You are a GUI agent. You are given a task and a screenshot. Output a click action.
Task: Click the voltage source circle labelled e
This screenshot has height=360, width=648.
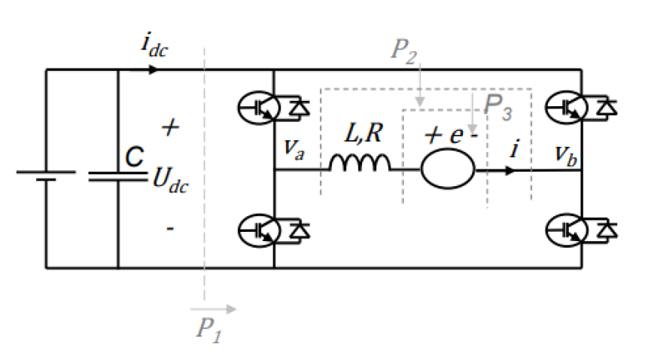click(x=448, y=169)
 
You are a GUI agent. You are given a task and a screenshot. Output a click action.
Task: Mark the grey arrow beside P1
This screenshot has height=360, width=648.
click(x=214, y=308)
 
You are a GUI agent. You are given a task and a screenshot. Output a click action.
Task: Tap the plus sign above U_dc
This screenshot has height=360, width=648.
click(x=171, y=128)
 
